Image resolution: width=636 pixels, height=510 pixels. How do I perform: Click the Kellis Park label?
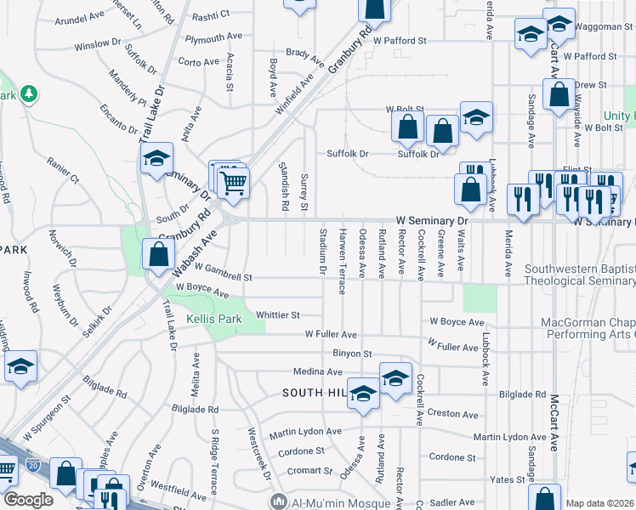pyautogui.click(x=213, y=319)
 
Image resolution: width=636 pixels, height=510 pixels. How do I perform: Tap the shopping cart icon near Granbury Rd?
pyautogui.click(x=232, y=180)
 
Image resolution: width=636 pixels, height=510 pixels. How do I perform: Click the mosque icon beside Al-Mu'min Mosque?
pyautogui.click(x=277, y=501)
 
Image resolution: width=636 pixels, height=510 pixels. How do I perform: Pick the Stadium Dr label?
pyautogui.click(x=322, y=251)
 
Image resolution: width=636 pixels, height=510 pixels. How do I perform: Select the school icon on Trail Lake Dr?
pyautogui.click(x=156, y=159)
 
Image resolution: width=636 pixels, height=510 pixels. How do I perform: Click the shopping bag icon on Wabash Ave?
pyautogui.click(x=158, y=252)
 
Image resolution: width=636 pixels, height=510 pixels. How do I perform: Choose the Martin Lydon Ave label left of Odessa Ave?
pyautogui.click(x=306, y=432)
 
